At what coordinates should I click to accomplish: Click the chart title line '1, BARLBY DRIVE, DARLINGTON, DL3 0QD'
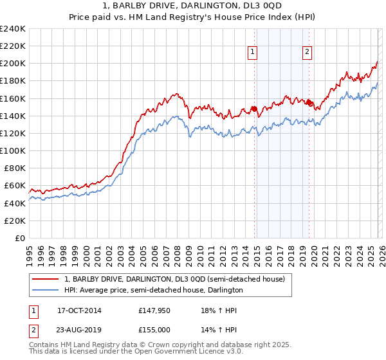click(x=193, y=7)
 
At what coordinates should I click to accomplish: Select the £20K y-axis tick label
click(x=15, y=221)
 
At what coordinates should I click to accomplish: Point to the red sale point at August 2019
click(x=309, y=103)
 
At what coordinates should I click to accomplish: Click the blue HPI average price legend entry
click(x=153, y=290)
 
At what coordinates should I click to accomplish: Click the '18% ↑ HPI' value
click(x=219, y=310)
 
